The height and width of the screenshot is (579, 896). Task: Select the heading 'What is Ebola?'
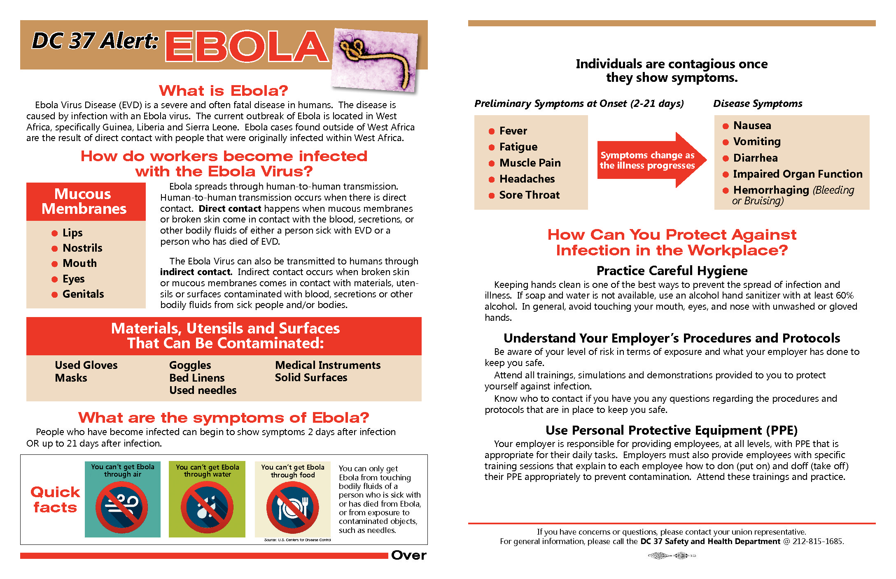click(223, 90)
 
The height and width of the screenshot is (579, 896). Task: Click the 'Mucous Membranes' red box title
click(84, 201)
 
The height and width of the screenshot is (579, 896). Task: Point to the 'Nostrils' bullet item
click(82, 248)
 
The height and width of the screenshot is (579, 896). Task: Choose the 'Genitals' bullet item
click(83, 294)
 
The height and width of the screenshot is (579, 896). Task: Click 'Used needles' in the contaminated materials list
click(203, 390)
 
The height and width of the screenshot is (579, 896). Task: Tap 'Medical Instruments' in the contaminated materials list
click(328, 365)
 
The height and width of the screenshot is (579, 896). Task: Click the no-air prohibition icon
click(122, 507)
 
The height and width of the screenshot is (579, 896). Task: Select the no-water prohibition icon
click(207, 507)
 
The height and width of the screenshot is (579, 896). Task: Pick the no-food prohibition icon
click(292, 507)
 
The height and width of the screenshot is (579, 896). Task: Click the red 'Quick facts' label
click(55, 500)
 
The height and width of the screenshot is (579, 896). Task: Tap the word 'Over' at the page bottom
click(408, 555)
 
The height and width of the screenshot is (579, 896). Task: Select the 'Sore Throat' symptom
click(529, 195)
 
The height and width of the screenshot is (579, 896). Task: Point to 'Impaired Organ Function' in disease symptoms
click(798, 174)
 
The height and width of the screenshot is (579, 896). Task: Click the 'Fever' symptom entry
click(513, 131)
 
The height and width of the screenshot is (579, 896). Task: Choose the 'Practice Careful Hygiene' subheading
click(672, 271)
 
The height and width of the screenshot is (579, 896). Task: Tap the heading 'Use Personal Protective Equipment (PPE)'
click(672, 430)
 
